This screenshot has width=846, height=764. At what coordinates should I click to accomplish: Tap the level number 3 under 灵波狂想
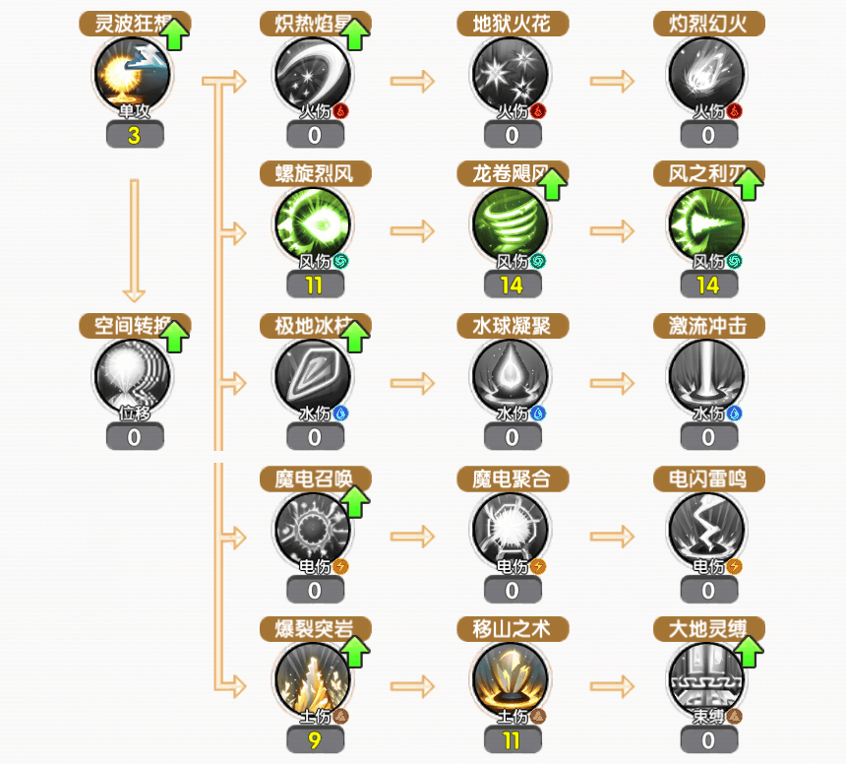click(x=134, y=136)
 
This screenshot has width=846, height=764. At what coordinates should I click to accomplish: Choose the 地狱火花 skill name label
click(x=512, y=24)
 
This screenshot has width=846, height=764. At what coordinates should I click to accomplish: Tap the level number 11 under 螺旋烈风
click(x=315, y=286)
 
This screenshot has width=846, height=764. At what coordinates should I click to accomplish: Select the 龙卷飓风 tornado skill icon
click(x=512, y=225)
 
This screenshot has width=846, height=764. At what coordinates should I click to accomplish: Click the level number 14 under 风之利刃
click(x=708, y=286)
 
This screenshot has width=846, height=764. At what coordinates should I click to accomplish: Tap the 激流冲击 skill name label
click(x=708, y=326)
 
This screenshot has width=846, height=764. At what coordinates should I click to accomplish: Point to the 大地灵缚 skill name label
click(x=700, y=628)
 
